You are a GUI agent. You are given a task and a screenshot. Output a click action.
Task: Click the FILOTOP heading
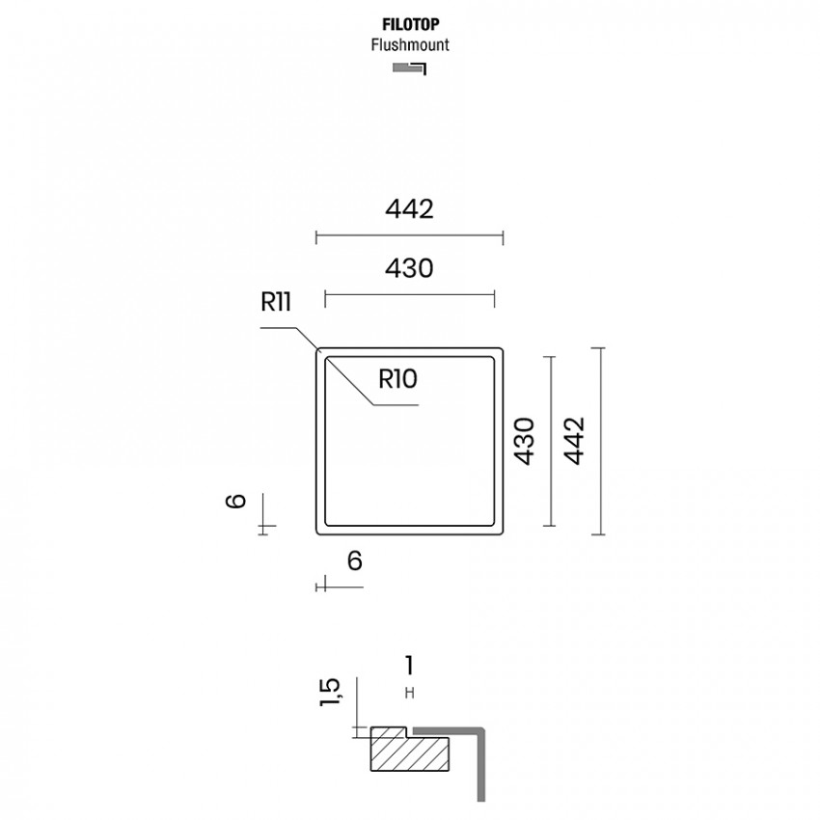[411, 24]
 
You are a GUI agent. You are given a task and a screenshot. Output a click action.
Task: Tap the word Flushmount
[410, 45]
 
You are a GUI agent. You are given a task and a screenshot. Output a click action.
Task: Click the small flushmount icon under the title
[409, 68]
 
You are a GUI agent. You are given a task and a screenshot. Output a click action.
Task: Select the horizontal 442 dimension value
[409, 209]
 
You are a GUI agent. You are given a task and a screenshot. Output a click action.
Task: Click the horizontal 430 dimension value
[409, 268]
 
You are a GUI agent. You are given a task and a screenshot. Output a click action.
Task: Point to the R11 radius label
[276, 302]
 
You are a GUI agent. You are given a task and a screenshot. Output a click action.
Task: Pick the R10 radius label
[398, 378]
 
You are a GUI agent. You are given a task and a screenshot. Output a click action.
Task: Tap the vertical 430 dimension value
[524, 441]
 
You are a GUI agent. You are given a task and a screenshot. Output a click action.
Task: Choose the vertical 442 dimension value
[574, 441]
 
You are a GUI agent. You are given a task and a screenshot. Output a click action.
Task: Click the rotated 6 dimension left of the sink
[235, 501]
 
